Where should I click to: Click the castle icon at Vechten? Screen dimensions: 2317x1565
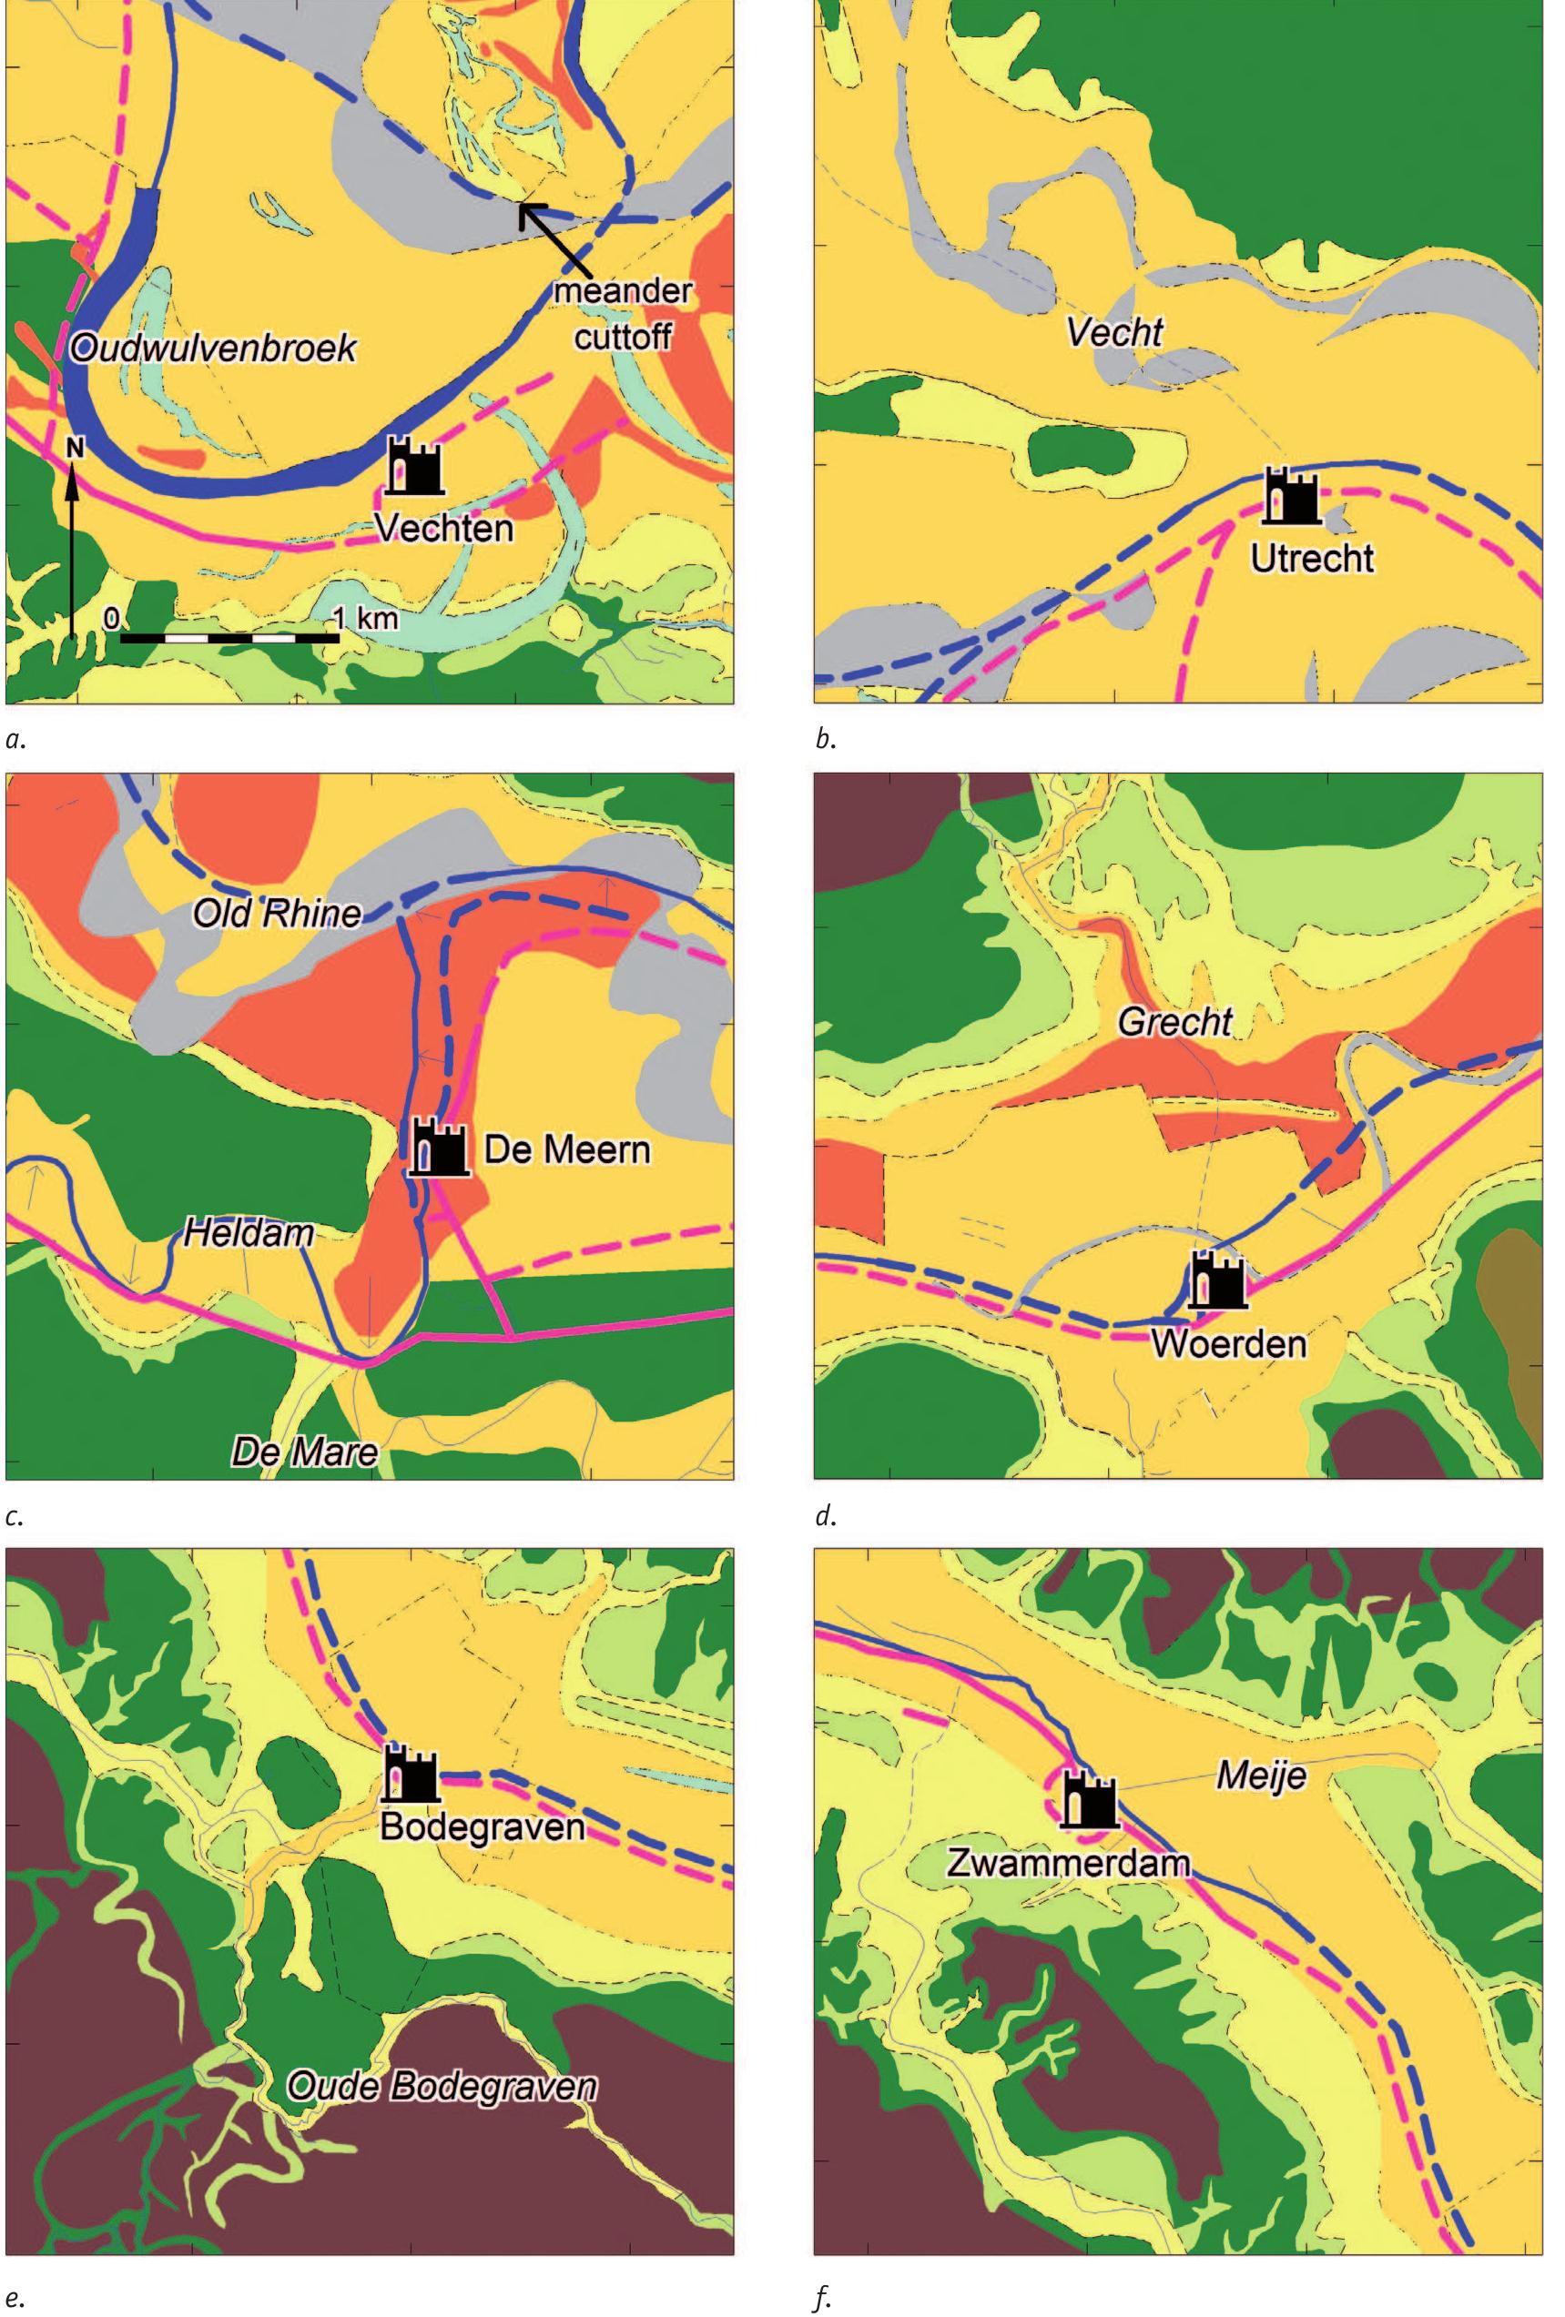point(414,466)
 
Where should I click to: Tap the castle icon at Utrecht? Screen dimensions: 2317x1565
point(1292,495)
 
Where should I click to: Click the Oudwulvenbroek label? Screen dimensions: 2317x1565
point(212,349)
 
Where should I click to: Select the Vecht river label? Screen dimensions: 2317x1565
point(1114,333)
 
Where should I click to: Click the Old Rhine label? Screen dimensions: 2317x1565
point(276,912)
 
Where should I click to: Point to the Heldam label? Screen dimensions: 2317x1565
point(249,1234)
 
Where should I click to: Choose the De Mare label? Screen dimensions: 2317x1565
point(304,1451)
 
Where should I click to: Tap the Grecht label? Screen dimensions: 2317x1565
point(1174,1022)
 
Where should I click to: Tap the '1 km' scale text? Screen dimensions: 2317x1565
point(365,618)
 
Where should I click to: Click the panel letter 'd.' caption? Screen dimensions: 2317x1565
point(824,1516)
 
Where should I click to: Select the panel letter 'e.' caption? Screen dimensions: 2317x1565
point(14,2292)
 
